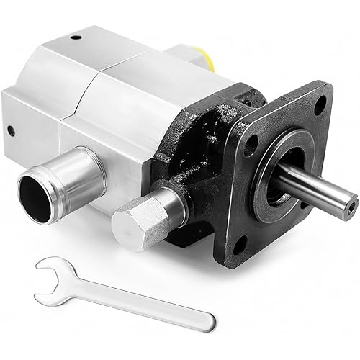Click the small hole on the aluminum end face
[x=11, y=131]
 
